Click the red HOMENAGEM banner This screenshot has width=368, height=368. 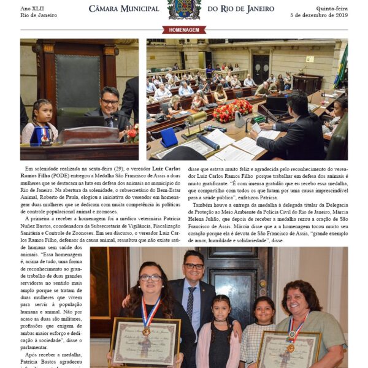click(x=184, y=29)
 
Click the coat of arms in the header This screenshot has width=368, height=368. click(x=184, y=9)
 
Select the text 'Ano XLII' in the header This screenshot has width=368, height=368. click(x=32, y=7)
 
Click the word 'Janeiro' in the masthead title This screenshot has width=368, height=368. click(x=261, y=9)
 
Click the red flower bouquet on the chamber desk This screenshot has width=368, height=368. click(x=232, y=111)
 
